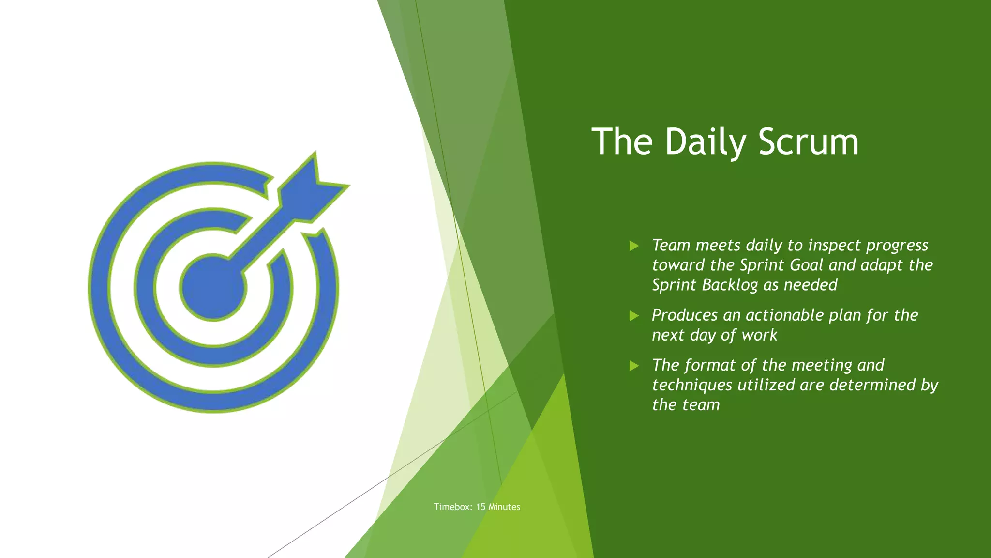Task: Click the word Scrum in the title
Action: (x=809, y=141)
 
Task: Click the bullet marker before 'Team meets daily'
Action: (x=634, y=246)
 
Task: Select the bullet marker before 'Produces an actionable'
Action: (x=634, y=316)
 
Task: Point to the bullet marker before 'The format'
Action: (x=634, y=366)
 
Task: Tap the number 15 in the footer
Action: (x=480, y=507)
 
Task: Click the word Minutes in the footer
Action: (x=504, y=507)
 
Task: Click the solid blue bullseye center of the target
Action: (x=213, y=288)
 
